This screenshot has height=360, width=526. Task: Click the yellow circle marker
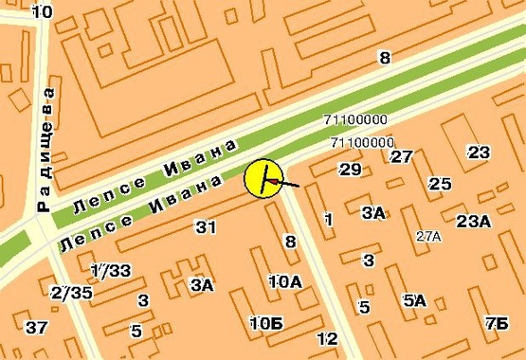pyautogui.click(x=263, y=179)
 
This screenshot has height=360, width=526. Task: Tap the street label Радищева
pyautogui.click(x=45, y=150)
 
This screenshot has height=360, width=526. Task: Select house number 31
pyautogui.click(x=206, y=227)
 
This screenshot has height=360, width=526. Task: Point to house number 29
pyautogui.click(x=351, y=170)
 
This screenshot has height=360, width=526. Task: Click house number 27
pyautogui.click(x=402, y=156)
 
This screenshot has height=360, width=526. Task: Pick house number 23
pyautogui.click(x=479, y=153)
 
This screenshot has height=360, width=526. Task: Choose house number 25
pyautogui.click(x=440, y=184)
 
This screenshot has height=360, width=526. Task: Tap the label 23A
pyautogui.click(x=473, y=222)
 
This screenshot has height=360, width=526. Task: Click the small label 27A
pyautogui.click(x=428, y=236)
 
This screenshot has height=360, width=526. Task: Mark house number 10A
pyautogui.click(x=284, y=281)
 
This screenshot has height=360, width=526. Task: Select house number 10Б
pyautogui.click(x=266, y=323)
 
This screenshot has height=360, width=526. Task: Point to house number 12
pyautogui.click(x=327, y=339)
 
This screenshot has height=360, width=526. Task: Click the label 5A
pyautogui.click(x=414, y=301)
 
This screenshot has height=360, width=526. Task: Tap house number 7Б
pyautogui.click(x=495, y=324)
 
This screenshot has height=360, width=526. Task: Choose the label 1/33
pyautogui.click(x=110, y=271)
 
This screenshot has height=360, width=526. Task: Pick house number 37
pyautogui.click(x=36, y=328)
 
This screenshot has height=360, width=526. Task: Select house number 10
pyautogui.click(x=42, y=11)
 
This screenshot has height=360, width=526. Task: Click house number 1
pyautogui.click(x=329, y=220)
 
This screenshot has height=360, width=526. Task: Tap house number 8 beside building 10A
pyautogui.click(x=291, y=243)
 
